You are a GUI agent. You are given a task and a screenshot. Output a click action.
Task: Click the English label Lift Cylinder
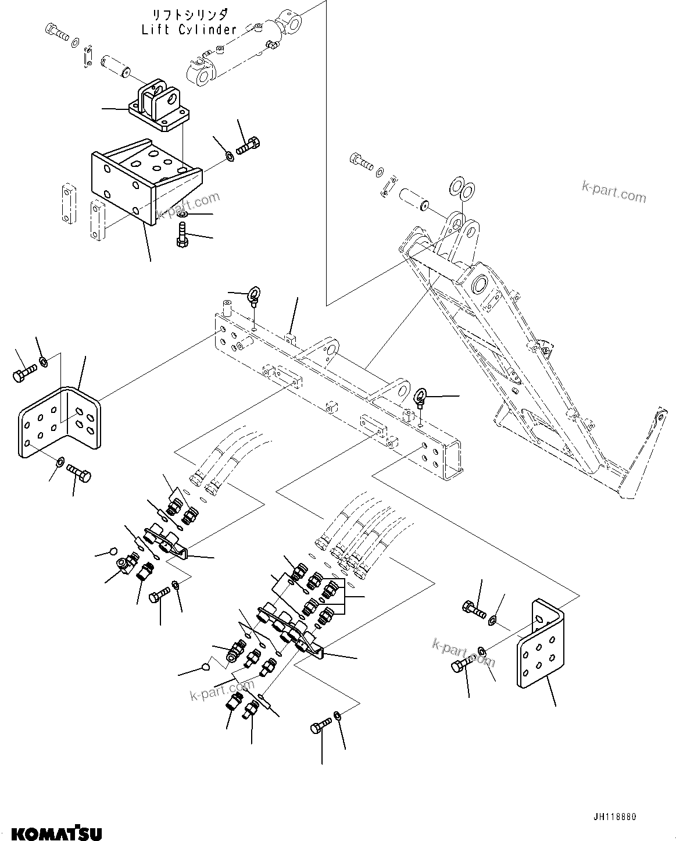(189, 30)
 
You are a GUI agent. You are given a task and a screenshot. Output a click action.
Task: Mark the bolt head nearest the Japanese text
(55, 30)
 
